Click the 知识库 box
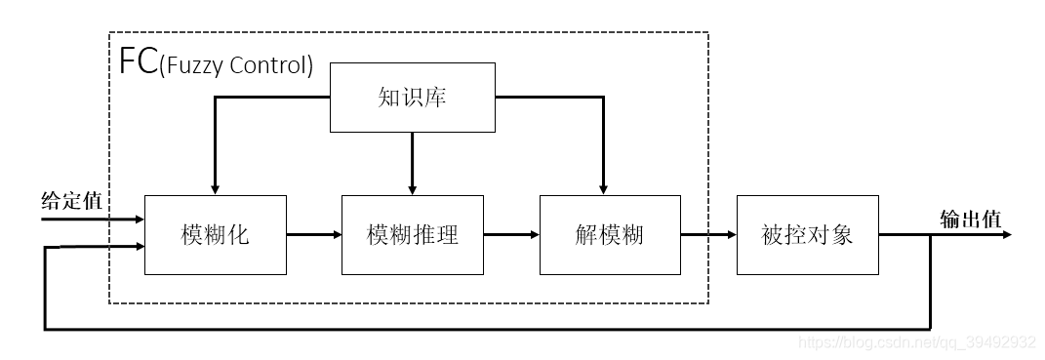coord(412,98)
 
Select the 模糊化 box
coord(215,235)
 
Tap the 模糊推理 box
coord(412,235)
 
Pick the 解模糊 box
coord(609,235)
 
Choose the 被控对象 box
coord(807,235)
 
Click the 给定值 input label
coord(71,200)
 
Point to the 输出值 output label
coord(970,219)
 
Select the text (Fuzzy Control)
coord(235,67)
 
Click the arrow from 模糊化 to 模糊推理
coord(313,235)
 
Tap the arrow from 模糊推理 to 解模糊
coord(511,235)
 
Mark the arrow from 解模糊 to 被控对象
coord(707,235)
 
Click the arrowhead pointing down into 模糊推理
coord(412,187)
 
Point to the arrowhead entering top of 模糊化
coord(215,187)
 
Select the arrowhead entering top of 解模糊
coord(603,187)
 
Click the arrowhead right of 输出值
coord(1005,235)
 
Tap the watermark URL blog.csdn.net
coord(916,342)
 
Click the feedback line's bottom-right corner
coord(930,328)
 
